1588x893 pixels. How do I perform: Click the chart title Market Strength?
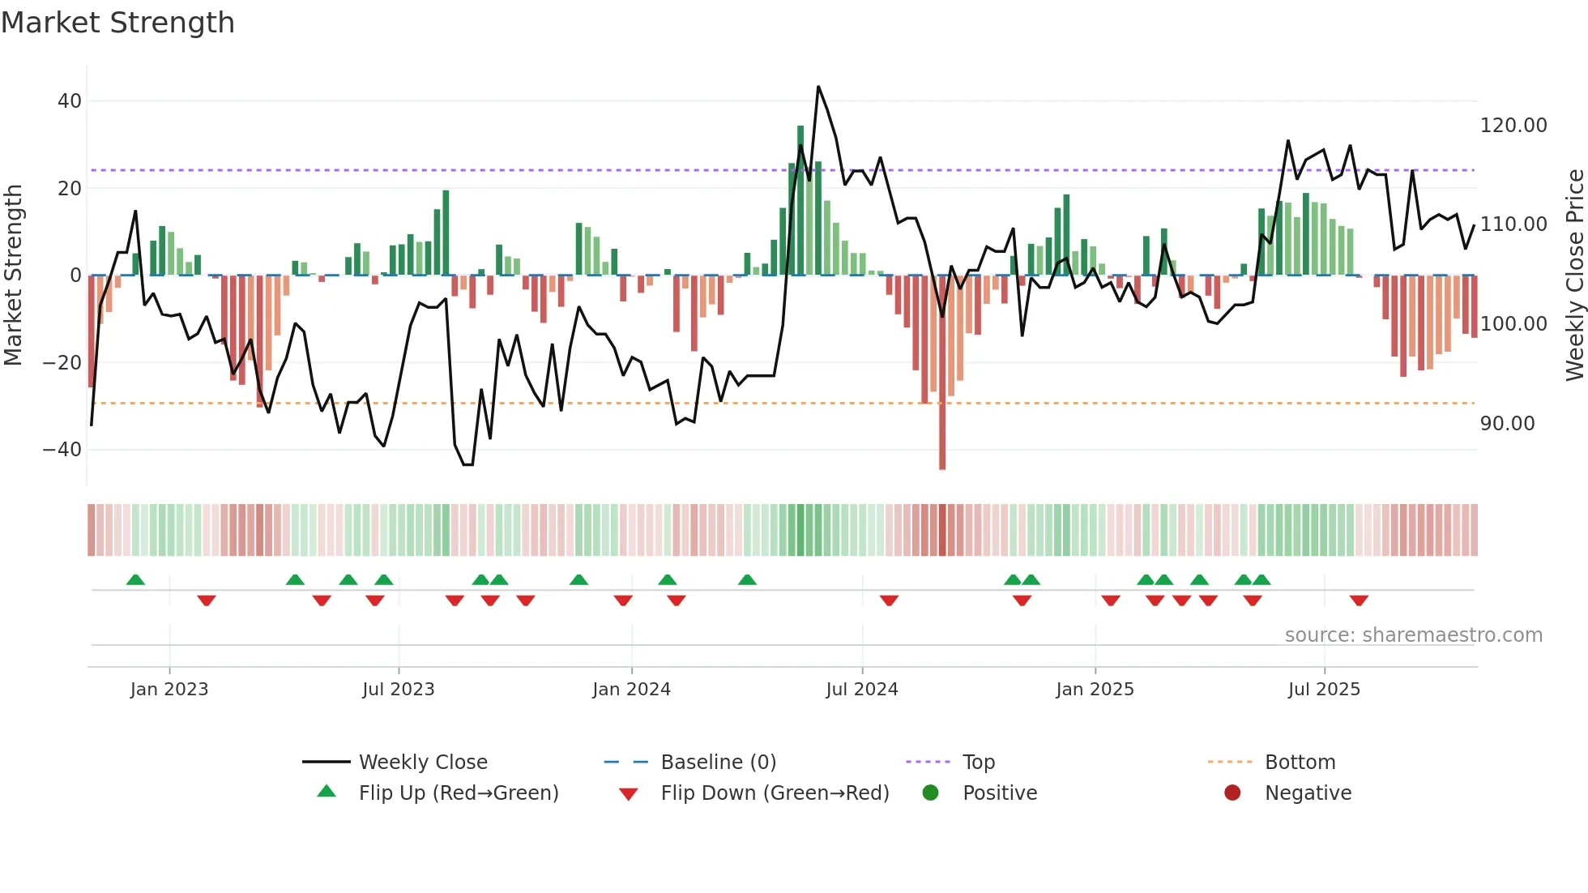[117, 23]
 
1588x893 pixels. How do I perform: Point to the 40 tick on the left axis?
[70, 101]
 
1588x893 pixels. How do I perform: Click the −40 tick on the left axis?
[62, 449]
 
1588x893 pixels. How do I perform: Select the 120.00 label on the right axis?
[1513, 126]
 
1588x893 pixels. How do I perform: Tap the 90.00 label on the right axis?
[1507, 424]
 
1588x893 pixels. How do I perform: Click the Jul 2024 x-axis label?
[861, 690]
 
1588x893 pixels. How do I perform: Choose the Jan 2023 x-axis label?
[169, 690]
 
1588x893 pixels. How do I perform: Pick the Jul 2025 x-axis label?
[1324, 690]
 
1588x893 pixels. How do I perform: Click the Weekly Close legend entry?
[422, 763]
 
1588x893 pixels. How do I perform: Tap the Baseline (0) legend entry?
[718, 763]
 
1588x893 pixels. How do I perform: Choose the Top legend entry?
[978, 763]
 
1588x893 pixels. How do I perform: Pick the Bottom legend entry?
[1300, 763]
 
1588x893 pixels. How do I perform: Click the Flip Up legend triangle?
[327, 792]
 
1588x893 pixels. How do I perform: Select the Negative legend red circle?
[1232, 793]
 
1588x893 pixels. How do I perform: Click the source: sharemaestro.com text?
[1413, 635]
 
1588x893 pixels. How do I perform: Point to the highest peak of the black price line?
[818, 87]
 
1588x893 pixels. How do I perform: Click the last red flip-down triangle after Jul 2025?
[1359, 600]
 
